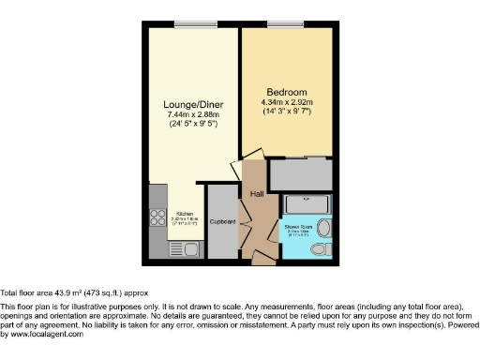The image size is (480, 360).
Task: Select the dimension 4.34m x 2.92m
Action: (287, 102)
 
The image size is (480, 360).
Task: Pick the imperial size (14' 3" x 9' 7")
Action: (287, 112)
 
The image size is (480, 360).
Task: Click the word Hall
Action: (257, 194)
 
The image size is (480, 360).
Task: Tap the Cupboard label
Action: (222, 222)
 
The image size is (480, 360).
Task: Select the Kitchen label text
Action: (185, 215)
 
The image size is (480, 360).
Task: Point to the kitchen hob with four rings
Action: (157, 220)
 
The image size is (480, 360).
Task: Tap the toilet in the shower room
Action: (319, 248)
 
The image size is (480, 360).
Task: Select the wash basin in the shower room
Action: (323, 228)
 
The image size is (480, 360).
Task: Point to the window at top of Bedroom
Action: (282, 24)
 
